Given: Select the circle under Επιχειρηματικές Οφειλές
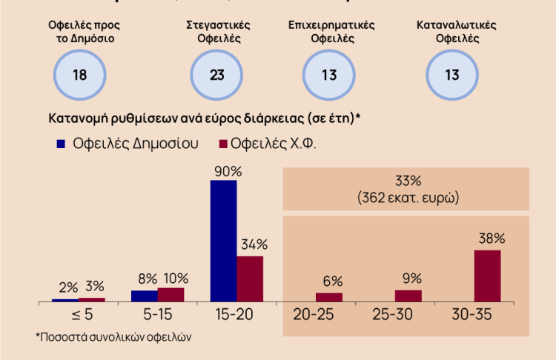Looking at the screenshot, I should [x=330, y=75].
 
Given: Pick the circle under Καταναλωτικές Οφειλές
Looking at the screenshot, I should [x=451, y=75].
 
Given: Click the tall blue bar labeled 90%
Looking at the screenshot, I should [x=223, y=241].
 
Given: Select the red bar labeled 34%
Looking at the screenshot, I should [x=250, y=279].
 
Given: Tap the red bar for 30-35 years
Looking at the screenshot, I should [x=487, y=276].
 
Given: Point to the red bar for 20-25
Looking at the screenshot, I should [x=329, y=297].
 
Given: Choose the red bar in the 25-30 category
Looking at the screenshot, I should [x=408, y=296].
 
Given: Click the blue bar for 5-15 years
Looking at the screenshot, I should [x=144, y=296].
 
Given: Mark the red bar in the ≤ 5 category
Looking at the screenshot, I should [x=92, y=299].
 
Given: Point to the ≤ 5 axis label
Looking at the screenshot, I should [x=78, y=315].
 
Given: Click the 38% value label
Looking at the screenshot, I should [x=491, y=239].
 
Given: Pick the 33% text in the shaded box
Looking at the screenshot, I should [x=407, y=181].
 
